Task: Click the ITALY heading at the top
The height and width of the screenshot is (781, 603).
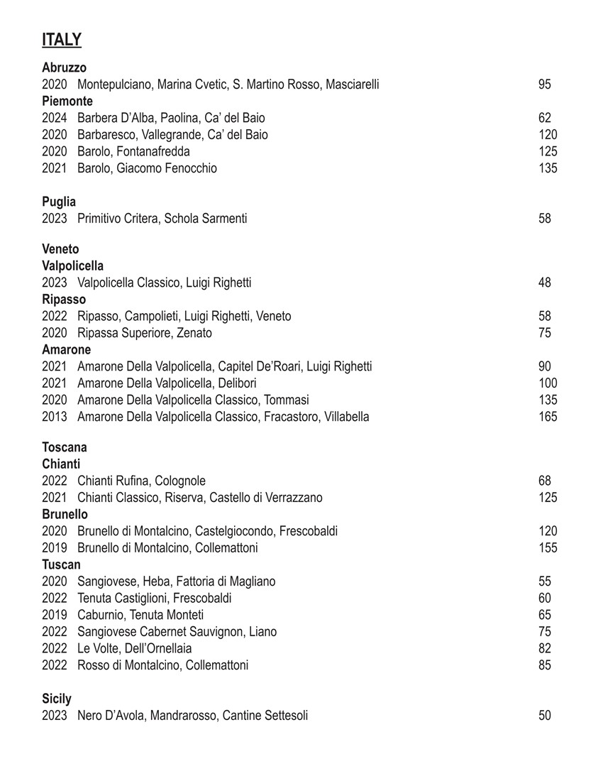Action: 62,40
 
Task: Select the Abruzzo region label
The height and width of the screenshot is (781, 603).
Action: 64,67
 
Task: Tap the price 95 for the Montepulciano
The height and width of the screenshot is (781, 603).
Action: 545,84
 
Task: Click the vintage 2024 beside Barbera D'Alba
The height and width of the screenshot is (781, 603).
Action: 54,118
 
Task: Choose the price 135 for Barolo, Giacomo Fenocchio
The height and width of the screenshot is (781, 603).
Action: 548,168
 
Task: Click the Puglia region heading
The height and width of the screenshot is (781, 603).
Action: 59,202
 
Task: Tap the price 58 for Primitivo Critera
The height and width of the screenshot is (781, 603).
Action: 545,219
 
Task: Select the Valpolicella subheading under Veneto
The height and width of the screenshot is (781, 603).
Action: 72,266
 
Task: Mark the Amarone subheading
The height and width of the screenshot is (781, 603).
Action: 66,350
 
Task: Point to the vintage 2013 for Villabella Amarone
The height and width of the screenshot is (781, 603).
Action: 54,417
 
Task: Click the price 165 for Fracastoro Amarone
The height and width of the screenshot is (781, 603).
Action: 548,417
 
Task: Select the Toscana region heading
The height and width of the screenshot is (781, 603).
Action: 65,447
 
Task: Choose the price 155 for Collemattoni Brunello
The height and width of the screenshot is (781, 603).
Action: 548,548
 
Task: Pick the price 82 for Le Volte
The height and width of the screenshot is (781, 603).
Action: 545,648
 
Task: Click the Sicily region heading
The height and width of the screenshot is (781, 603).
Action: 57,699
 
